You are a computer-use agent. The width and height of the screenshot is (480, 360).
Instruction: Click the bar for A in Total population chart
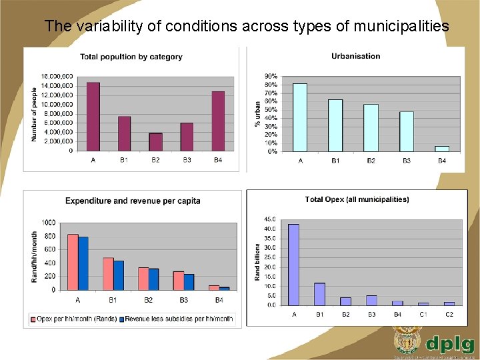point(93,117)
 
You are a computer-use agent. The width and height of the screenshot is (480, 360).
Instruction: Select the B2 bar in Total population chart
point(155,142)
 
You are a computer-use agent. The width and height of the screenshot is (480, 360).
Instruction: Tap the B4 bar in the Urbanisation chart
point(442,149)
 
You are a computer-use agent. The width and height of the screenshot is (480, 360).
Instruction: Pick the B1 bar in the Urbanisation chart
point(335,125)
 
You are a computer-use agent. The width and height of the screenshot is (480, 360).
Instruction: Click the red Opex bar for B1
point(108,274)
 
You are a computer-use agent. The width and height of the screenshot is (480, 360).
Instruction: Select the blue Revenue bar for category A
point(83,263)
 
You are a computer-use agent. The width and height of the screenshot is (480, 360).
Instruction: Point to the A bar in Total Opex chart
point(294,265)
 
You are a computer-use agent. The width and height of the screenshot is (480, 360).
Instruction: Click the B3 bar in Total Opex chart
point(371,300)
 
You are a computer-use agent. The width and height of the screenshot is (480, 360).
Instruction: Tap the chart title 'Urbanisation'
point(355,56)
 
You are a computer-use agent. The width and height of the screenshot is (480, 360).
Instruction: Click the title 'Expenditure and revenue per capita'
point(133,201)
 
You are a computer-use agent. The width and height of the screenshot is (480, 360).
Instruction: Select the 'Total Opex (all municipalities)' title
point(357,199)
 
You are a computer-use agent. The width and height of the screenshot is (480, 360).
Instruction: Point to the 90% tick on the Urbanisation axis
point(271,77)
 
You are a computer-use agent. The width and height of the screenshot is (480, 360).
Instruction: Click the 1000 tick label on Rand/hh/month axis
point(48,222)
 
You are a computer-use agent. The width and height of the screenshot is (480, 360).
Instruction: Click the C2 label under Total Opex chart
point(449,313)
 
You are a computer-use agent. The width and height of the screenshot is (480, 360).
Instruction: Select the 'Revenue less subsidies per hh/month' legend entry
point(179,319)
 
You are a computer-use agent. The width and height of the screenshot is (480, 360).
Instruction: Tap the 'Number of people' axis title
point(35,114)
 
